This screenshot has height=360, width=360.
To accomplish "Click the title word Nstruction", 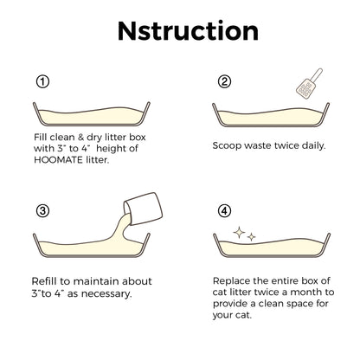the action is click(188, 31).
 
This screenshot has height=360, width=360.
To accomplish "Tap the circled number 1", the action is click(42, 82).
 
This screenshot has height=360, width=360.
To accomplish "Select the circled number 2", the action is click(224, 82).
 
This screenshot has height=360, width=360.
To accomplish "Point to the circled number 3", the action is click(42, 211).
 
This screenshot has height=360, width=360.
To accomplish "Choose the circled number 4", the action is click(224, 211).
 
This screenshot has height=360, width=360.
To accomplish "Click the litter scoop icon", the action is click(309, 84).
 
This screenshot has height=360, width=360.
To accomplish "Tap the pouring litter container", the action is click(143, 209).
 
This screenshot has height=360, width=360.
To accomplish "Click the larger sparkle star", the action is click(239, 233).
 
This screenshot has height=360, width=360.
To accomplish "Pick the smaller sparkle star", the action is click(252, 237).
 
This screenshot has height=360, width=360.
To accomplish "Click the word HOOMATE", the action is click(58, 160).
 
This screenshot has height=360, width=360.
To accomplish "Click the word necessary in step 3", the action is click(106, 294).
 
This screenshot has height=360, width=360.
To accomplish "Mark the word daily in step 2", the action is click(313, 145).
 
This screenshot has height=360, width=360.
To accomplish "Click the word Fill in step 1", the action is click(41, 137).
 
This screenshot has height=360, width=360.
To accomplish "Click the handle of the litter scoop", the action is click(317, 75).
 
